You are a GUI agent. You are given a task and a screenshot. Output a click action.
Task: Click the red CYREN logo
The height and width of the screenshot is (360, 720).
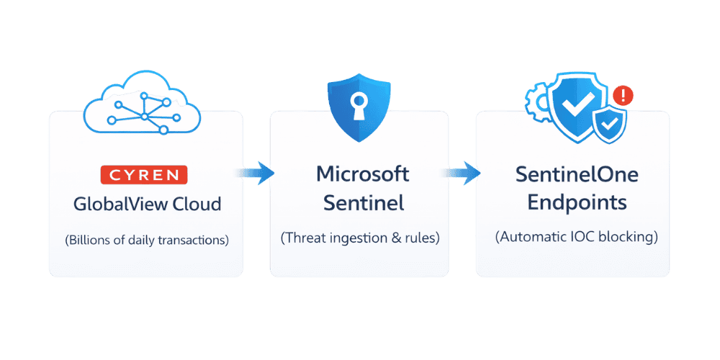click(x=143, y=174)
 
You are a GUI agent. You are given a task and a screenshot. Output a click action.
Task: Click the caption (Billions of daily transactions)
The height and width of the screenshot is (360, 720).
click(x=147, y=240)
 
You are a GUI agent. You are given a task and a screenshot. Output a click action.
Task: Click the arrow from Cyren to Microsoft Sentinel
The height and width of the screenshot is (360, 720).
click(x=255, y=173)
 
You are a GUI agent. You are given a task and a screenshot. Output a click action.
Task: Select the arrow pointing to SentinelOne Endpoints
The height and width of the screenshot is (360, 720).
click(x=462, y=173)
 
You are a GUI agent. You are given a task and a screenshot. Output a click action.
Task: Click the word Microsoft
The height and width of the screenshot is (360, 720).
click(x=363, y=174)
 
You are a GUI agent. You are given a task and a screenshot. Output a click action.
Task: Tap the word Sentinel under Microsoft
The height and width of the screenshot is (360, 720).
click(x=363, y=203)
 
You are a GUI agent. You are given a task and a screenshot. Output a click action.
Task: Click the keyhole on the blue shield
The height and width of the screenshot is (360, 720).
click(x=357, y=107)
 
